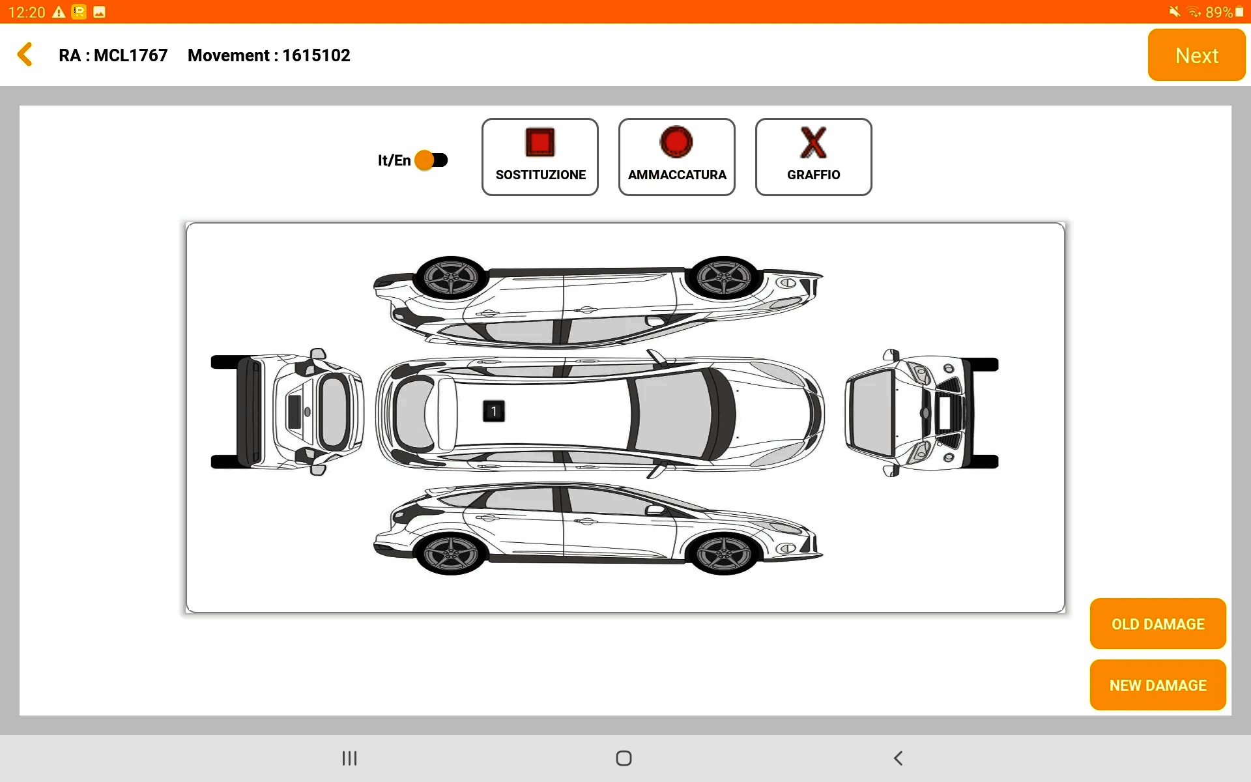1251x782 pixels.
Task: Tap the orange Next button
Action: pyautogui.click(x=1196, y=55)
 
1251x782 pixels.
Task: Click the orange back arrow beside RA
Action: pyautogui.click(x=25, y=55)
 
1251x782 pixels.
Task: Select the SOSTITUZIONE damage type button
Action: pyautogui.click(x=540, y=157)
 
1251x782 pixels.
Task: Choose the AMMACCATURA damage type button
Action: pyautogui.click(x=677, y=157)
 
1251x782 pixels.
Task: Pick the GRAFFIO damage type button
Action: pyautogui.click(x=814, y=157)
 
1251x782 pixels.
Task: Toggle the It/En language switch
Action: pyautogui.click(x=431, y=160)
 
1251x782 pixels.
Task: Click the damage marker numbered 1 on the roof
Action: pyautogui.click(x=494, y=411)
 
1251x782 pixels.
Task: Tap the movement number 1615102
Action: pyautogui.click(x=316, y=55)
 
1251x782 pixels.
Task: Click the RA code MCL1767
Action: pyautogui.click(x=131, y=55)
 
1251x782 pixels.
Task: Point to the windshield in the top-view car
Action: pyautogui.click(x=674, y=413)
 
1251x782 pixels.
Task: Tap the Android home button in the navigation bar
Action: pyautogui.click(x=624, y=758)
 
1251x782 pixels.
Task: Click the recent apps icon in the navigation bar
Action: pyautogui.click(x=350, y=758)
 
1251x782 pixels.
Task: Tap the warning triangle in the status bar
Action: pyautogui.click(x=59, y=12)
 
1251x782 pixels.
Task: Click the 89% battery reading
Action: pyautogui.click(x=1219, y=12)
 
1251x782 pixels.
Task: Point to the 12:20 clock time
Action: pyautogui.click(x=27, y=12)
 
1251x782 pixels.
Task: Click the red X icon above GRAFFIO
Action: pyautogui.click(x=813, y=143)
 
